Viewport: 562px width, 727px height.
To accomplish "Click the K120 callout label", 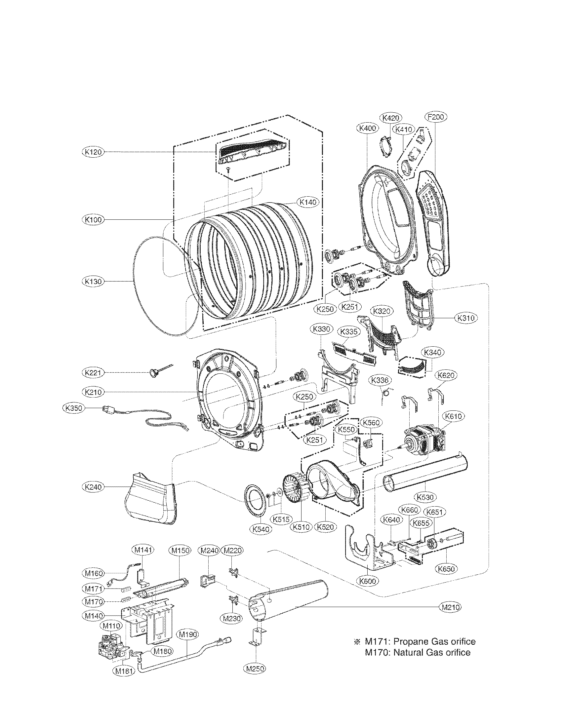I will point(93,152).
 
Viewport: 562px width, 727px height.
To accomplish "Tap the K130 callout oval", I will point(93,282).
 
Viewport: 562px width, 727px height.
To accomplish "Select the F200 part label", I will point(436,117).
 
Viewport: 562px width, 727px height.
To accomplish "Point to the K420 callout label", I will point(391,118).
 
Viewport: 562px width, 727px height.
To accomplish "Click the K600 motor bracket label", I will point(368,582).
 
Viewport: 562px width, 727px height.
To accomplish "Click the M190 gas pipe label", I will point(188,635).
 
